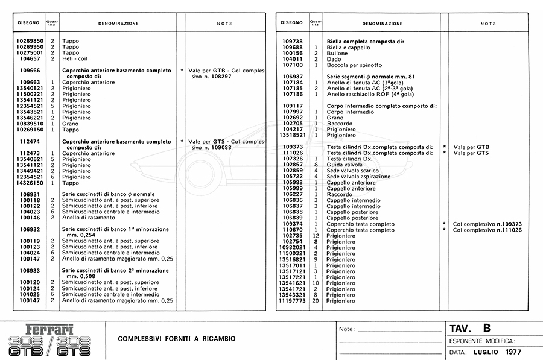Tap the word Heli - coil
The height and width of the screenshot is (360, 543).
(75, 58)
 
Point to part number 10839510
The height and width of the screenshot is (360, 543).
(26, 124)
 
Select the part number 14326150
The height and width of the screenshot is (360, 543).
(26, 182)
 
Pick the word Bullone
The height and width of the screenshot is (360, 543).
(337, 52)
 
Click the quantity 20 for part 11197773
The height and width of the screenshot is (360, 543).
(316, 300)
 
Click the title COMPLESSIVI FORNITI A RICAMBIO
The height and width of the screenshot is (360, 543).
(177, 338)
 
